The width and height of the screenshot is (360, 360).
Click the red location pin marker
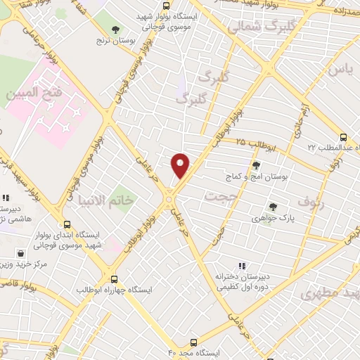point(181,165)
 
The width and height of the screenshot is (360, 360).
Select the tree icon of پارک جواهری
point(273,207)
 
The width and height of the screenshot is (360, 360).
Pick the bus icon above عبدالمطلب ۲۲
point(343,137)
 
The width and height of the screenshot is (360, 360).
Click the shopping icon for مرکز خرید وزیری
point(22,252)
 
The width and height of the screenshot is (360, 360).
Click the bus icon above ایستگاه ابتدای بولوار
point(67,222)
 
